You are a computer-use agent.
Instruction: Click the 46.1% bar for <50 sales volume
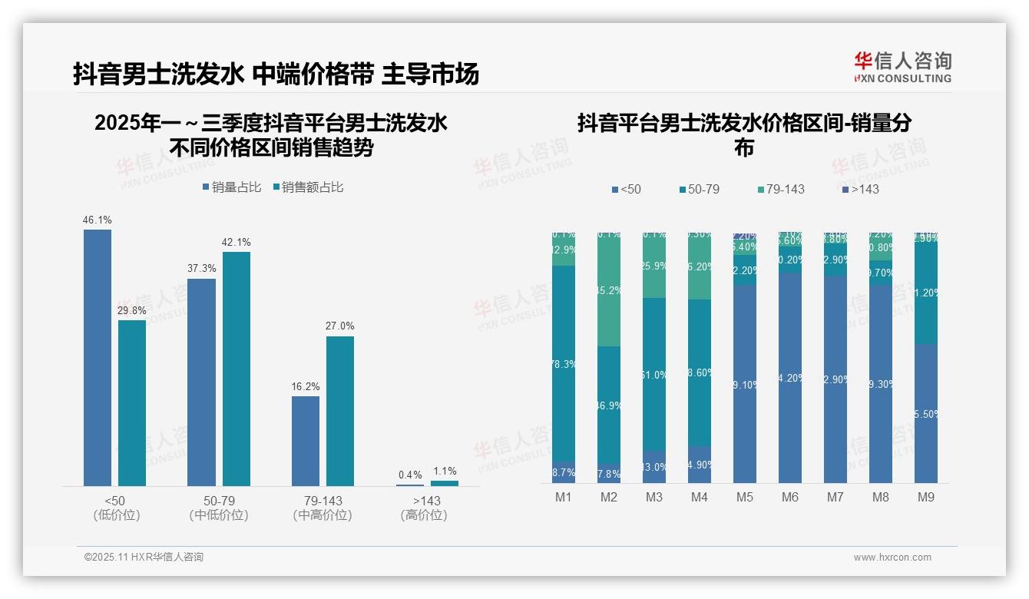pyautogui.click(x=98, y=357)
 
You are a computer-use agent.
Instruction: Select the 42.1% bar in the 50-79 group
pyautogui.click(x=237, y=369)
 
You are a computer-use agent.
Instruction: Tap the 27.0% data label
pyautogui.click(x=340, y=326)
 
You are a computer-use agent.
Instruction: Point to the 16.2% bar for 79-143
pyautogui.click(x=306, y=441)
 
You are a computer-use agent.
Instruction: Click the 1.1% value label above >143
pyautogui.click(x=445, y=472)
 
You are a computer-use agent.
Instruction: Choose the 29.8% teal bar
pyautogui.click(x=132, y=402)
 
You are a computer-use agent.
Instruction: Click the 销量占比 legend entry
pyautogui.click(x=232, y=187)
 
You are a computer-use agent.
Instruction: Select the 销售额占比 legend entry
pyautogui.click(x=308, y=187)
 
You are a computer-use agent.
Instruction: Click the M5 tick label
pyautogui.click(x=744, y=498)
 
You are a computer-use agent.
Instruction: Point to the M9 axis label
pyautogui.click(x=925, y=498)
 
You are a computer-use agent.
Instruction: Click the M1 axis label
pyautogui.click(x=564, y=498)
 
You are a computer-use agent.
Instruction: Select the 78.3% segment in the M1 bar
pyautogui.click(x=564, y=363)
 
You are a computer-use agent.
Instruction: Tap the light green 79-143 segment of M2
pyautogui.click(x=609, y=290)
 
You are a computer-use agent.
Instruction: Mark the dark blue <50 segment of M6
pyautogui.click(x=789, y=378)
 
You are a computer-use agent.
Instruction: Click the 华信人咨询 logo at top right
pyautogui.click(x=902, y=68)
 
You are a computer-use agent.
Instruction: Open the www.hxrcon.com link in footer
pyautogui.click(x=892, y=558)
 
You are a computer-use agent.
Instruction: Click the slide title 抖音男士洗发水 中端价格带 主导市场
pyautogui.click(x=276, y=74)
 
